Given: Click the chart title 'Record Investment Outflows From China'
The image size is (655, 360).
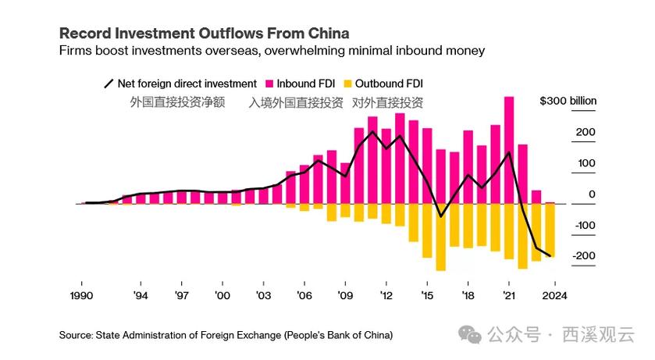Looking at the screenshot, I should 204,34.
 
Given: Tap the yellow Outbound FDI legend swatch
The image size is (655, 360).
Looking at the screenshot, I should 348,84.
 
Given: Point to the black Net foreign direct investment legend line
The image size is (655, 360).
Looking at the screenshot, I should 109,84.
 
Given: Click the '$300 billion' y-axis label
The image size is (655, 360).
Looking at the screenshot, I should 568,102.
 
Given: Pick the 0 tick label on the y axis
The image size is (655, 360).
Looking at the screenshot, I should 591,194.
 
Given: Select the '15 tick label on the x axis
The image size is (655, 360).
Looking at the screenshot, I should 427,295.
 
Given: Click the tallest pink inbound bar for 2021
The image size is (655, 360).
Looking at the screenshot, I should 509,148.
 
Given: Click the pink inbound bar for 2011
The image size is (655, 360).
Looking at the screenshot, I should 372,160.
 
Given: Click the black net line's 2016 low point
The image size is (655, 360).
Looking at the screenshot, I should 440,216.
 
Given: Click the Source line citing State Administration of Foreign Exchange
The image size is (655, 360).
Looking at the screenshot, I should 226,335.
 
